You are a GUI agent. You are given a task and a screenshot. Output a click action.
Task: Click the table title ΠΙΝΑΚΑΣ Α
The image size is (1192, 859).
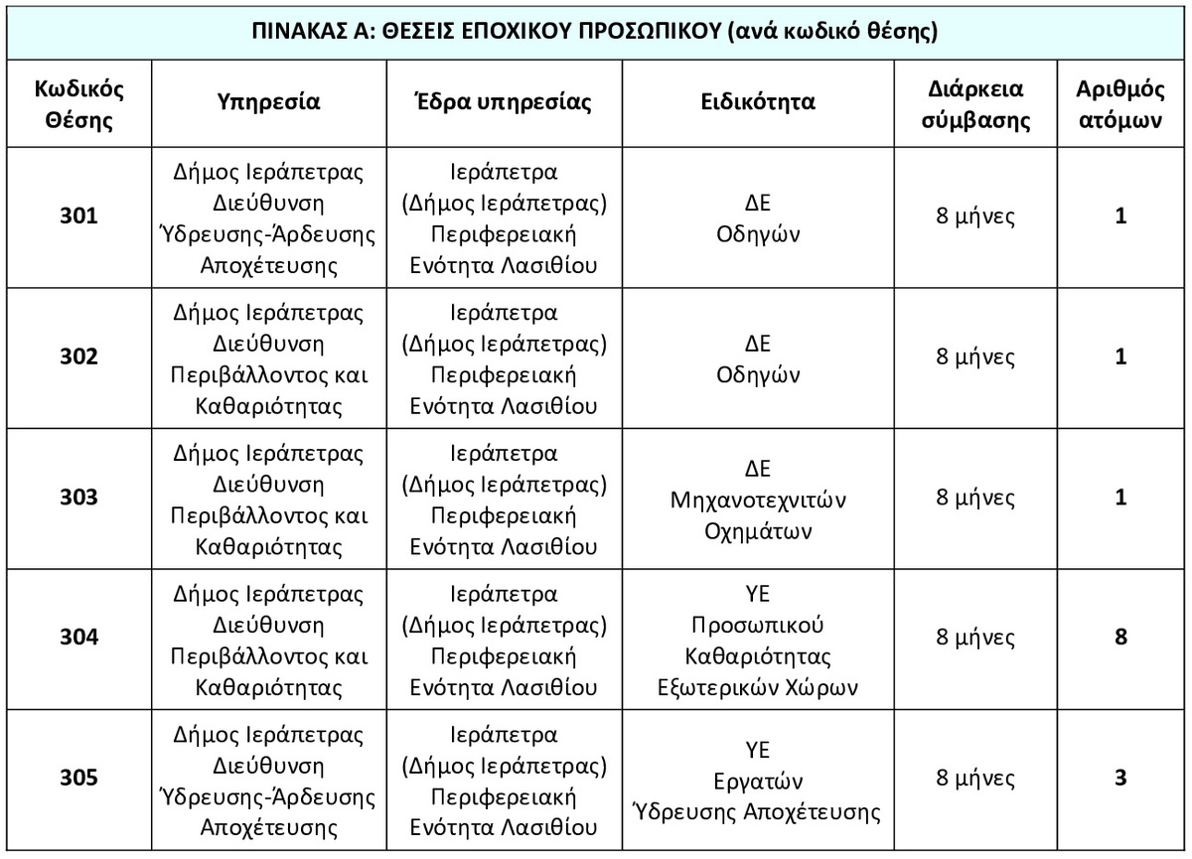click(597, 31)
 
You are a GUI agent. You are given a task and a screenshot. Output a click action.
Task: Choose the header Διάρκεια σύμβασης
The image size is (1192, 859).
click(974, 104)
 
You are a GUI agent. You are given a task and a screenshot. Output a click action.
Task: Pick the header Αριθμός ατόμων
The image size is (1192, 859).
click(1119, 104)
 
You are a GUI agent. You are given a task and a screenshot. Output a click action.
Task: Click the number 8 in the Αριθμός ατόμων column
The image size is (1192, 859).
click(1120, 638)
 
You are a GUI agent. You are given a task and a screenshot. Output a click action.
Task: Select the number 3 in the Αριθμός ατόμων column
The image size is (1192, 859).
click(1120, 778)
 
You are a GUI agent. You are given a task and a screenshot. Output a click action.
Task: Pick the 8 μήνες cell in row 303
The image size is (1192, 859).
click(974, 498)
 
